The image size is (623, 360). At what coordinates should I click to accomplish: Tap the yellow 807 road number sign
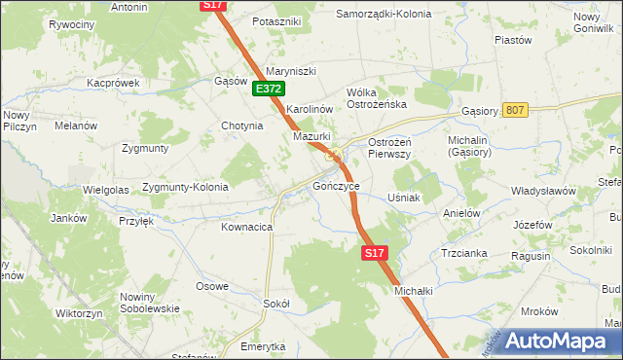[x=515, y=110]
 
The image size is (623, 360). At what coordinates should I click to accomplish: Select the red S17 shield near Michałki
[x=376, y=253]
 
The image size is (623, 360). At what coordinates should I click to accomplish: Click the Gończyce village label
[x=337, y=185]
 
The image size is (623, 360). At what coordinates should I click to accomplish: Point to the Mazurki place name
[x=313, y=137]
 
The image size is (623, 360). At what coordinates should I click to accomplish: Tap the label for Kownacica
[x=246, y=227]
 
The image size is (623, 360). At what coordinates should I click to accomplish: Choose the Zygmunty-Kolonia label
[x=185, y=187]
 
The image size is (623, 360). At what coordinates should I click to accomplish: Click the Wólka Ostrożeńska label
[x=376, y=98]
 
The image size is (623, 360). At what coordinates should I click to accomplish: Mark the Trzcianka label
[x=462, y=252]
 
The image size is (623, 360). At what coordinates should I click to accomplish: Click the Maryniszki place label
[x=292, y=69]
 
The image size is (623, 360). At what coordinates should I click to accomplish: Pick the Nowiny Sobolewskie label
[x=150, y=303]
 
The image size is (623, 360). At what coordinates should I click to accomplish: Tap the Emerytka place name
[x=264, y=346]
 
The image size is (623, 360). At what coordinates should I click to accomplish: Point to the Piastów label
[x=513, y=40]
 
